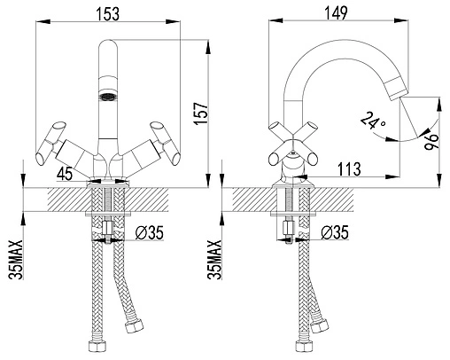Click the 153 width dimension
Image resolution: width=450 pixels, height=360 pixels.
(x=108, y=13)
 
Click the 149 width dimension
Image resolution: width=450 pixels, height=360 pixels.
(x=336, y=13)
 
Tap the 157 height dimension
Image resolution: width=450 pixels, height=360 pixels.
(x=201, y=113)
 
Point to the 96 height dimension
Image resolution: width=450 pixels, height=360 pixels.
(x=431, y=142)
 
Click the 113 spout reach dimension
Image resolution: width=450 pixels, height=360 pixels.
(x=349, y=169)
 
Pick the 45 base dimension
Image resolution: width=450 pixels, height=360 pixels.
(x=65, y=174)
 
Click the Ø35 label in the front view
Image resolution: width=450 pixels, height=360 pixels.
(x=149, y=232)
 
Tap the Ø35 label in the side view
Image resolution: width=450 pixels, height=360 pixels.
(x=335, y=232)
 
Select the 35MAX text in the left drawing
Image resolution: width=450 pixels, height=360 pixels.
(x=16, y=260)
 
